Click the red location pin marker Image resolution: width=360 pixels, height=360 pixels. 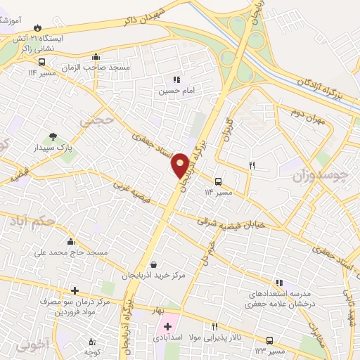pyautogui.click(x=181, y=165)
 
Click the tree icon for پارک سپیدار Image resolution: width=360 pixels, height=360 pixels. pyautogui.click(x=53, y=137)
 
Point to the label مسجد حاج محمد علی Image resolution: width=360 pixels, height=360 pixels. pyautogui.click(x=77, y=252)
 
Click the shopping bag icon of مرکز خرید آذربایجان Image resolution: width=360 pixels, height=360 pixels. pyautogui.click(x=155, y=264)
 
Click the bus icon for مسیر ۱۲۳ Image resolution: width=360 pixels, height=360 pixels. pyautogui.click(x=270, y=340)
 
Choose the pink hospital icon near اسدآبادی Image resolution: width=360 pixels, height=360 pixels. pyautogui.click(x=167, y=326)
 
